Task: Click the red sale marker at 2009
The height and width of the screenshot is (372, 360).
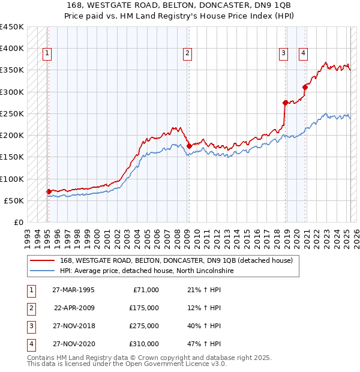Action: tap(189, 146)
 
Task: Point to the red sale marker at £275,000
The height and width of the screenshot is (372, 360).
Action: tap(286, 103)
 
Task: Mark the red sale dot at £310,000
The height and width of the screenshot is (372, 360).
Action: tap(305, 87)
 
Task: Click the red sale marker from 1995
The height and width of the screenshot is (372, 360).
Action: tap(49, 191)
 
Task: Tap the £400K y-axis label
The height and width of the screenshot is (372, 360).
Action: tap(12, 49)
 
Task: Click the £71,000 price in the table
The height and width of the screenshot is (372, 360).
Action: tap(144, 290)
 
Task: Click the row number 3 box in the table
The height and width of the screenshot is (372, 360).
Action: tap(31, 326)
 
